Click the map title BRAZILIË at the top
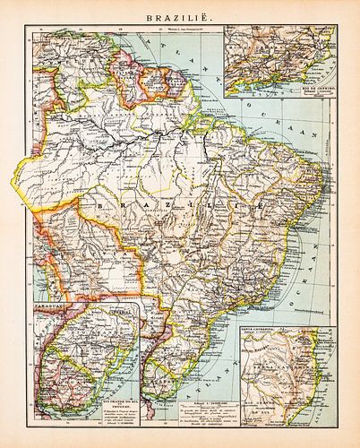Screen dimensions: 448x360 pyautogui.click(x=180, y=15)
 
